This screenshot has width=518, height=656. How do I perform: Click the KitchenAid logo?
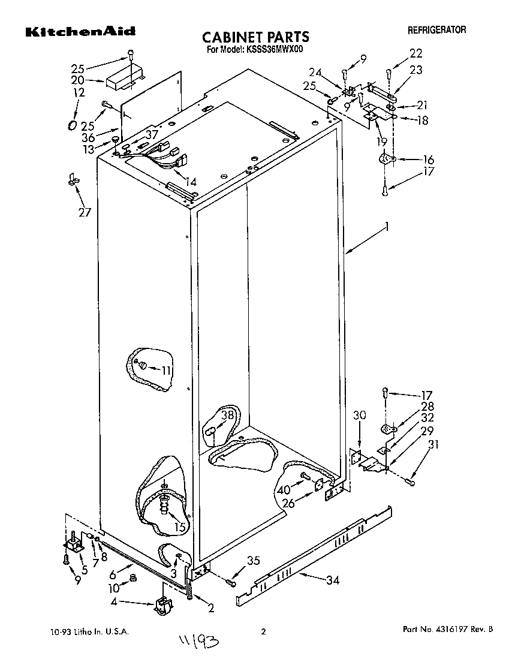click(x=79, y=32)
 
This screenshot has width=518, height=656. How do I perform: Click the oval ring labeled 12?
click(x=72, y=125)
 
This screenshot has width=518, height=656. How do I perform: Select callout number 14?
click(x=191, y=182)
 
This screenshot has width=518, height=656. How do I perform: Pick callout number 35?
click(x=254, y=561)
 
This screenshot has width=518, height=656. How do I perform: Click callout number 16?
click(x=428, y=160)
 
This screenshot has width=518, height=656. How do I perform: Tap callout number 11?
click(x=166, y=370)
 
